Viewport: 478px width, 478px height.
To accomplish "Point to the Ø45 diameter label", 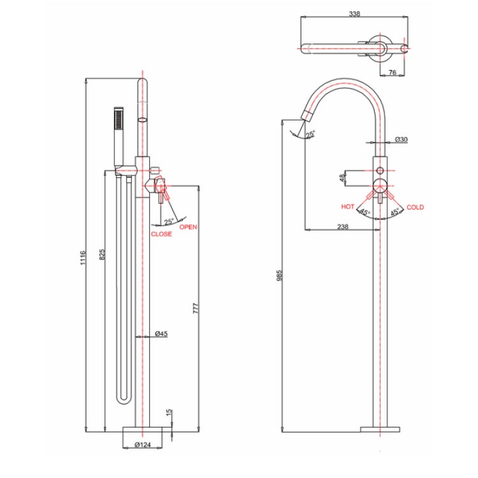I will point(161,333).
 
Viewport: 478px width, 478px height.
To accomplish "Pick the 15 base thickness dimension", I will point(168,414).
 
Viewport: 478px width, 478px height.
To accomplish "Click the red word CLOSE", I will point(161,235).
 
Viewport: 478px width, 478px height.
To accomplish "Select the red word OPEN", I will point(188,228).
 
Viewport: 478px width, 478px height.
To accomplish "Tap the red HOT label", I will point(347,207).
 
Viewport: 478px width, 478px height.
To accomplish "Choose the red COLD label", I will point(415,207).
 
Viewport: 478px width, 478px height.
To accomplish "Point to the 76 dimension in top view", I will point(393,73).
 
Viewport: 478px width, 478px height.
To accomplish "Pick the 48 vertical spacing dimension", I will point(343,178).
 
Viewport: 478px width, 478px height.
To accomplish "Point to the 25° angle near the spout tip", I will point(310,134).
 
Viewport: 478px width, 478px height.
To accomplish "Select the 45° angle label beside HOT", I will point(364,212).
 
